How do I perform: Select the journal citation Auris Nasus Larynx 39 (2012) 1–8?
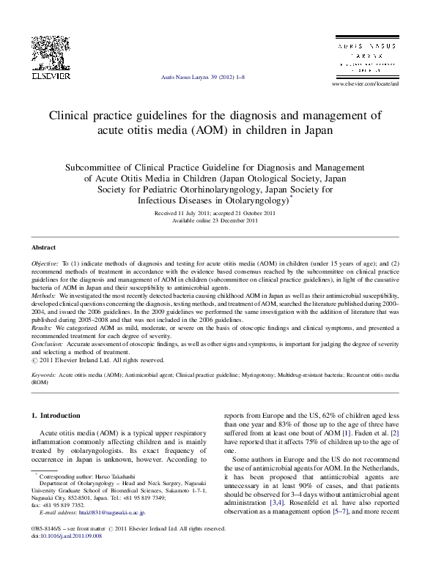click(x=202, y=76)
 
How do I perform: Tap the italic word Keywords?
click(x=44, y=374)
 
